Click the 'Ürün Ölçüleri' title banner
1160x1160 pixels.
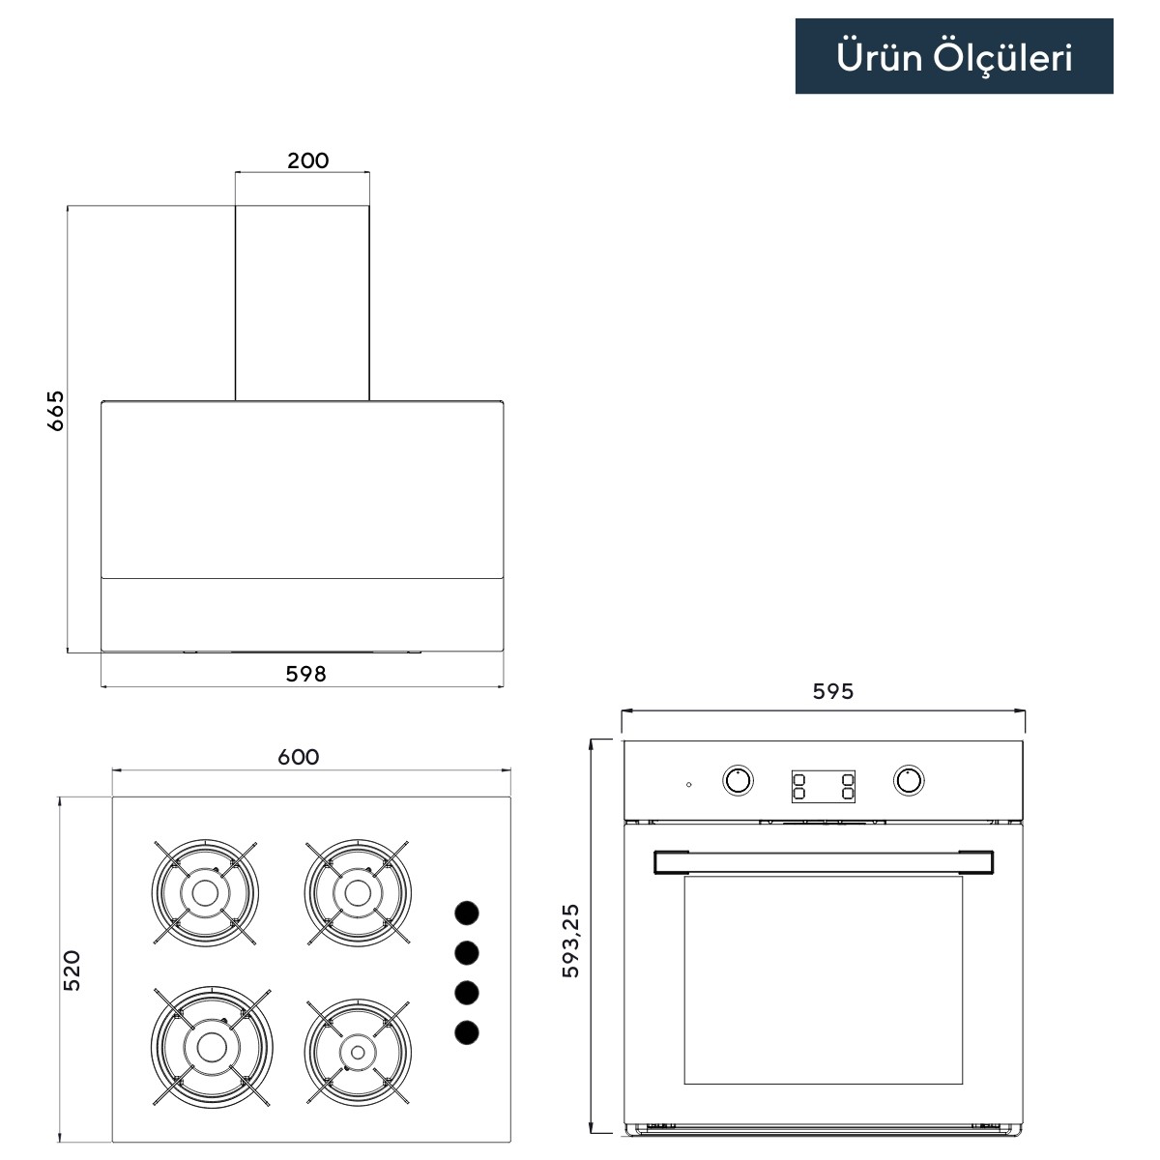pyautogui.click(x=954, y=56)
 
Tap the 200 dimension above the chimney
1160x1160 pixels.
pyautogui.click(x=307, y=160)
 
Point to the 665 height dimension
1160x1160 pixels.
pyautogui.click(x=55, y=411)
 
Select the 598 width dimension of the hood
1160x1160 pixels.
pyautogui.click(x=305, y=674)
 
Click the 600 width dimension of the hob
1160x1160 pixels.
pyautogui.click(x=299, y=757)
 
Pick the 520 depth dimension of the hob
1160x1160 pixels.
pyautogui.click(x=72, y=971)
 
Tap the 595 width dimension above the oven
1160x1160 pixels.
pyautogui.click(x=833, y=691)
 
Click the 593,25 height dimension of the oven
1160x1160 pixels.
pyautogui.click(x=570, y=941)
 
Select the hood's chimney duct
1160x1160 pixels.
pyautogui.click(x=303, y=303)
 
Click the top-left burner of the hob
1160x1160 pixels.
pyautogui.click(x=205, y=893)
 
